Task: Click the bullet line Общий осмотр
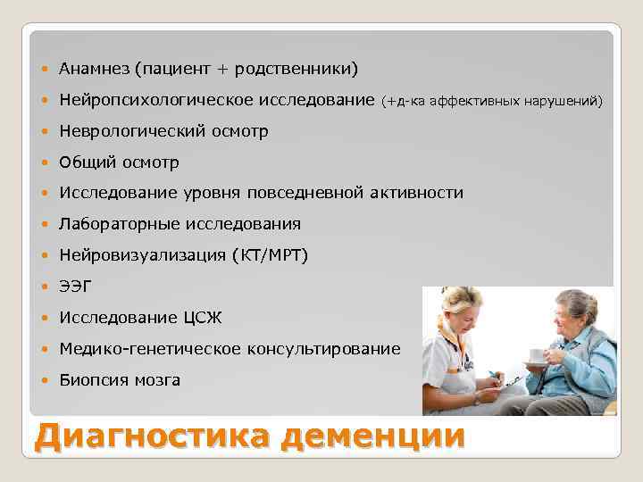click(119, 162)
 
